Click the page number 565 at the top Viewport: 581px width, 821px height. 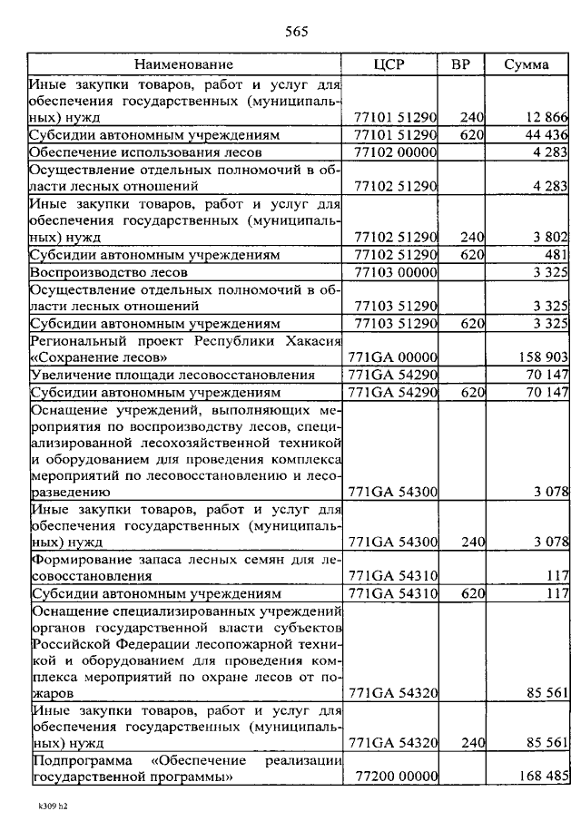point(297,33)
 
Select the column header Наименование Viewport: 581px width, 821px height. point(184,64)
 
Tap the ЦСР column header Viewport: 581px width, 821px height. point(389,64)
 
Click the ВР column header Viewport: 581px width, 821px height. point(460,64)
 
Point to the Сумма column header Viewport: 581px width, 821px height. point(527,64)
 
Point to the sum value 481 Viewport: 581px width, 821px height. point(556,255)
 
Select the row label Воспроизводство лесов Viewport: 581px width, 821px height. point(109,272)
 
